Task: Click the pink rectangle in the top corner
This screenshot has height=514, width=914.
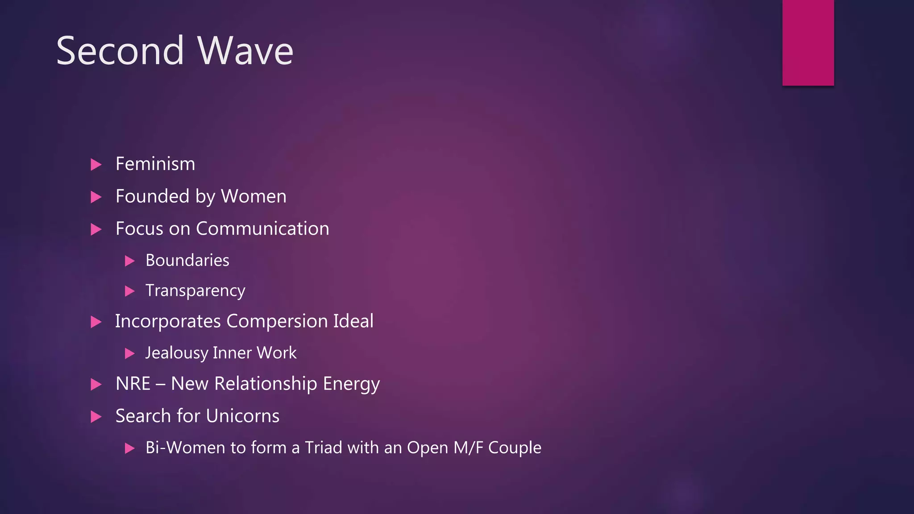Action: tap(808, 42)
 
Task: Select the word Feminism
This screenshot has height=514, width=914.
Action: tap(155, 164)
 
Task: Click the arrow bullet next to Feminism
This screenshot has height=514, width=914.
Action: tap(96, 165)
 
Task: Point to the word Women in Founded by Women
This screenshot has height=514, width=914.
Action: tap(253, 196)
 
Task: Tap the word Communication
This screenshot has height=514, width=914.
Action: tap(262, 228)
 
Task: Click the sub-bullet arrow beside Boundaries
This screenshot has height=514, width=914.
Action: tap(129, 261)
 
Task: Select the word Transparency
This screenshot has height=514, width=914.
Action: tap(195, 291)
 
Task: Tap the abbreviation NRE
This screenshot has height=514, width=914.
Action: tap(133, 384)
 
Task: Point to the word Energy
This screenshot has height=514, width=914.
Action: tap(351, 384)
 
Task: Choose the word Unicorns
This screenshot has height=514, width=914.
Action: tap(243, 416)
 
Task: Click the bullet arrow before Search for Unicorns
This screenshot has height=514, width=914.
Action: tap(96, 417)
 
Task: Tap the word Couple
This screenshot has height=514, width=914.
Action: tap(515, 448)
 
